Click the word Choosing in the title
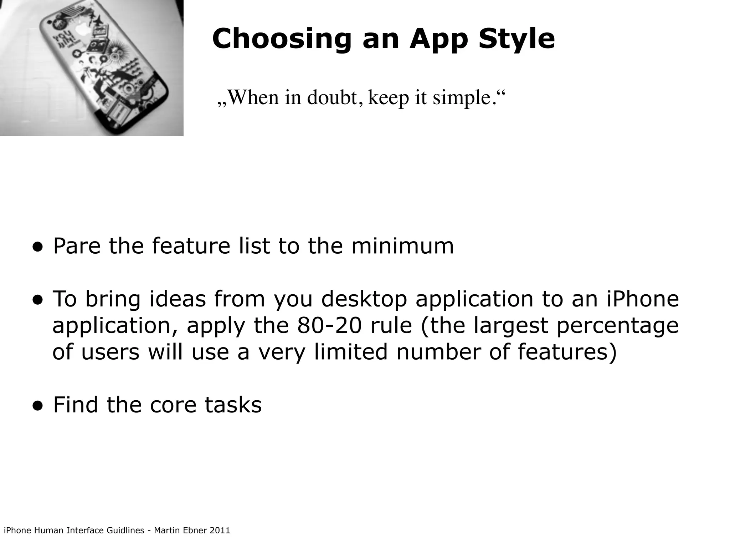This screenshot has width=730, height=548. [x=282, y=39]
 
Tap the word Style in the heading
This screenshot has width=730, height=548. [x=516, y=39]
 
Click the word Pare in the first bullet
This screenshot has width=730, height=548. [x=77, y=246]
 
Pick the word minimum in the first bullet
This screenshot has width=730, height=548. [x=402, y=246]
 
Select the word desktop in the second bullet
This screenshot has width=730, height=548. [x=364, y=299]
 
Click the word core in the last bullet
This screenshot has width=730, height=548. [x=173, y=405]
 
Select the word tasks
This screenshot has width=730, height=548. [x=233, y=405]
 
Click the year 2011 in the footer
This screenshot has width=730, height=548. [x=220, y=531]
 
